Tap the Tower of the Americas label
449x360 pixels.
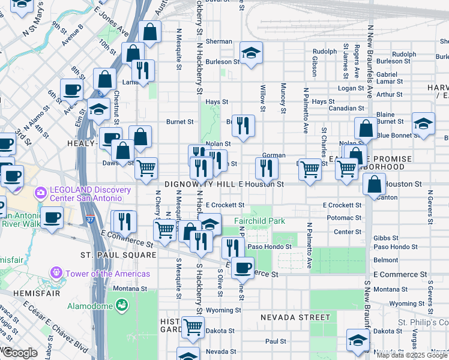[108, 274]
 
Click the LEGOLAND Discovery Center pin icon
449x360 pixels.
[41, 193]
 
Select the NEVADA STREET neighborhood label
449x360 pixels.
[295, 317]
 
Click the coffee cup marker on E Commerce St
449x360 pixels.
[243, 267]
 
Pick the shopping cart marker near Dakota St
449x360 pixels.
[192, 327]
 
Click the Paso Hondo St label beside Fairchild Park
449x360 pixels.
[270, 246]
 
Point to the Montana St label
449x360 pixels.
[130, 289]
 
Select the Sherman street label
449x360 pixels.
[219, 41]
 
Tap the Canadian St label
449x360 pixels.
[343, 109]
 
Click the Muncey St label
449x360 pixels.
[283, 98]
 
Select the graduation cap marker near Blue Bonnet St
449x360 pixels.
[423, 124]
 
